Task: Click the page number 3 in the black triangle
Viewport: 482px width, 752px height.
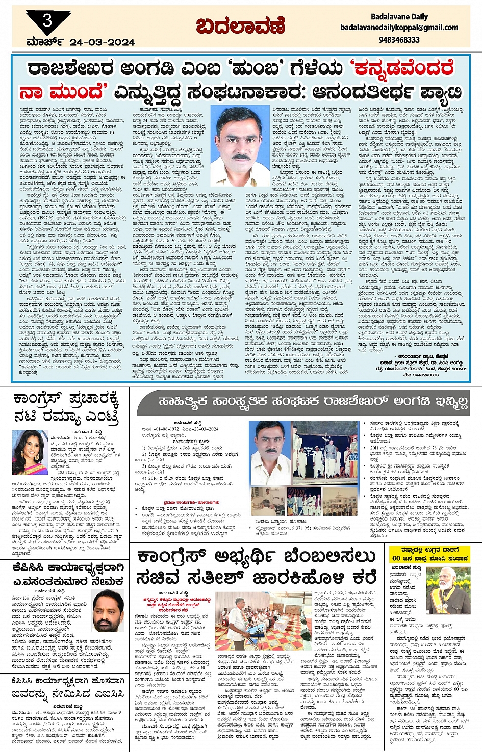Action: (x=47, y=20)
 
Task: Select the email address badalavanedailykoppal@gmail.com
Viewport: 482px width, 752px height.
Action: (x=399, y=28)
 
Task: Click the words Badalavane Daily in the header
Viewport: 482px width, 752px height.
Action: (x=399, y=17)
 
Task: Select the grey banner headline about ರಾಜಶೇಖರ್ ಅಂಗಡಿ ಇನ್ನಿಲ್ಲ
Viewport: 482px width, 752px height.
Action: (x=313, y=402)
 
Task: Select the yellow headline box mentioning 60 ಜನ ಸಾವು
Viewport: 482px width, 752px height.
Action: (x=428, y=554)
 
